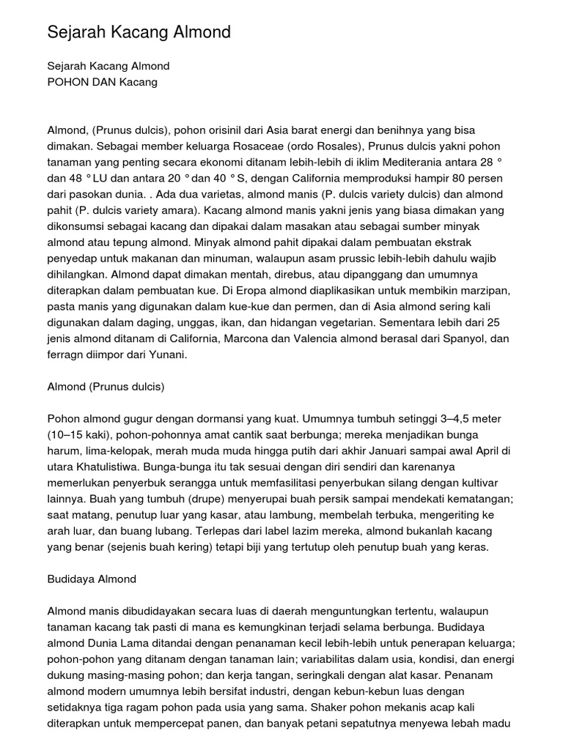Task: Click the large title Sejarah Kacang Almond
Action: point(139,32)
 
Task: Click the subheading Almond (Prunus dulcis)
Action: point(106,387)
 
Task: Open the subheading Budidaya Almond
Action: point(92,579)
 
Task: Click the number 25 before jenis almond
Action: point(501,323)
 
